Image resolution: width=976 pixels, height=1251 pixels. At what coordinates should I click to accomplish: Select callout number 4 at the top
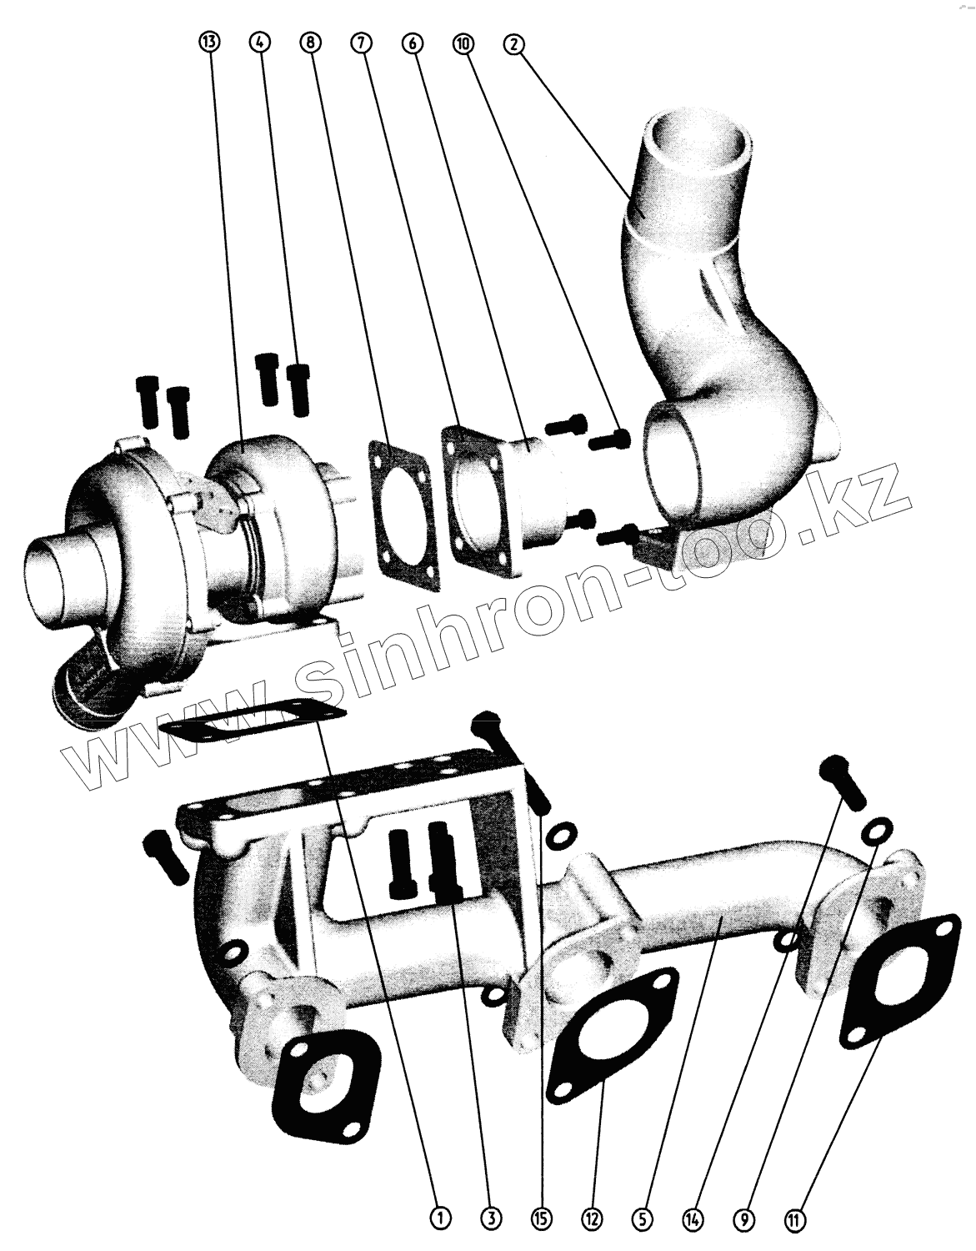(x=260, y=43)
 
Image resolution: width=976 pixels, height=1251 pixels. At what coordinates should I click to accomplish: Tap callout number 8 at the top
(x=311, y=43)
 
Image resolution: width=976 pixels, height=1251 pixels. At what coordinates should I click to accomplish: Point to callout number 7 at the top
(x=362, y=43)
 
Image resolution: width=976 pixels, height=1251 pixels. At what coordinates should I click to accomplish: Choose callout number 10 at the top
(x=463, y=43)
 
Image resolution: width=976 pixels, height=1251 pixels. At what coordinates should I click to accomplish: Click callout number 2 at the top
(x=513, y=43)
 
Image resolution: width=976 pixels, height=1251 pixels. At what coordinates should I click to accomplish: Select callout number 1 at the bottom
(x=440, y=1219)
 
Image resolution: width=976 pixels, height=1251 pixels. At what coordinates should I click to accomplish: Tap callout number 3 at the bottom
(x=491, y=1219)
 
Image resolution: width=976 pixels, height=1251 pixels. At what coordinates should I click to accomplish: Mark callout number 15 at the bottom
(x=542, y=1219)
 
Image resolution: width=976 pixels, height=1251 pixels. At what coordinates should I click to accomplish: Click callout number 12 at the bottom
(x=593, y=1219)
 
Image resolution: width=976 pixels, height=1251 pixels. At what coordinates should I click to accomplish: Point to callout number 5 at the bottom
(x=643, y=1219)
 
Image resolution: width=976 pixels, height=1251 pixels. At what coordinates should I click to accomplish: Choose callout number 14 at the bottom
(x=693, y=1219)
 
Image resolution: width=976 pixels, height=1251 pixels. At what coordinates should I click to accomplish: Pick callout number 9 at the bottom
(x=744, y=1219)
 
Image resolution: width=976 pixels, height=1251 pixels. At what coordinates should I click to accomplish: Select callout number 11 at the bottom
(x=795, y=1219)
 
